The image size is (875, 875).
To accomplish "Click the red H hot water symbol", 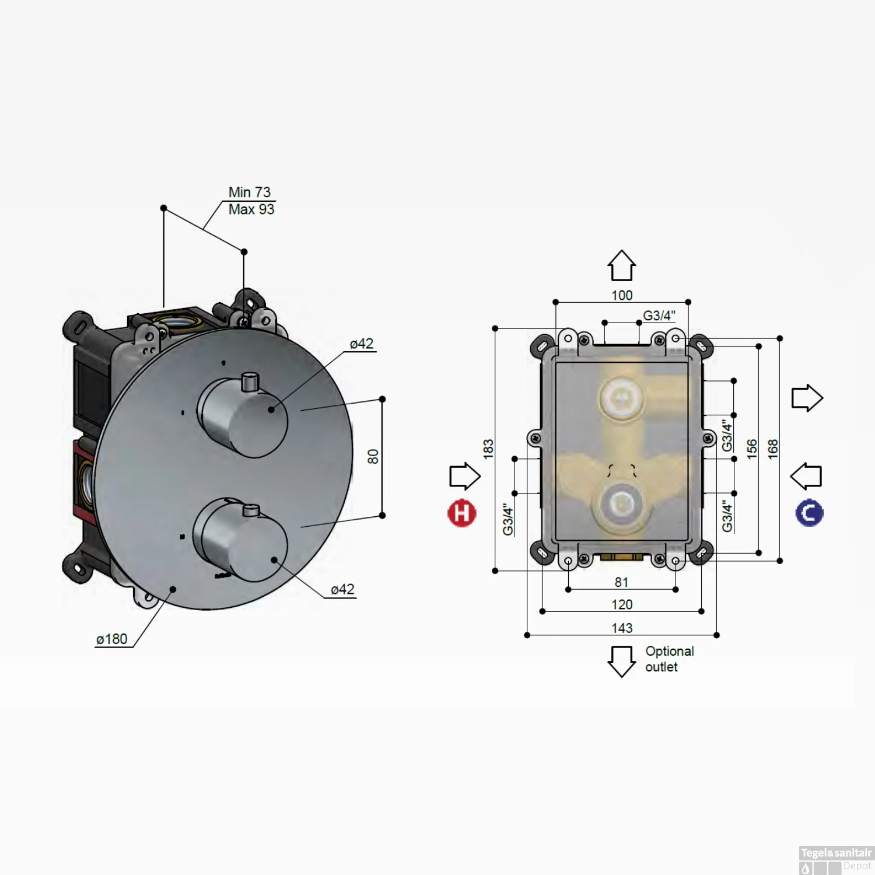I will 461,513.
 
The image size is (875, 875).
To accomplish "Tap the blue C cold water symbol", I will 809,513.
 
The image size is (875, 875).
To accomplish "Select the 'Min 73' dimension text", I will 249,192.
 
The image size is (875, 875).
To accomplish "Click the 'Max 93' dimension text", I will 251,209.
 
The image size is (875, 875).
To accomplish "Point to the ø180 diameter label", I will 111,639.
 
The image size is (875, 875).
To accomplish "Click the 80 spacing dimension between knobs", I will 373,457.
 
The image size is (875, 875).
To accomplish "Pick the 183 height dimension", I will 488,449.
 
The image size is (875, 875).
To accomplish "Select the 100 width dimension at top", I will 622,295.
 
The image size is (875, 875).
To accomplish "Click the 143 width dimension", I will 622,628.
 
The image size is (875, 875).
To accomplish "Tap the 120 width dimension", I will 622,604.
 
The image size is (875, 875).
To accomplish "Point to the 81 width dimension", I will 622,582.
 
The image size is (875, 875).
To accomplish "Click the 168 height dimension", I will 773,449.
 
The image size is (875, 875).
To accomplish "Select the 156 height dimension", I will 752,449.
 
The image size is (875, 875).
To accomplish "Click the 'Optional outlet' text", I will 669,659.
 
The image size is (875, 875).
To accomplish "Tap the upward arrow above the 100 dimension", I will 622,266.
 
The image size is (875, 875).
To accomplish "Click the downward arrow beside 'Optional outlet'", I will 621,661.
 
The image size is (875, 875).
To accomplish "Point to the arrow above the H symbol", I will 465,476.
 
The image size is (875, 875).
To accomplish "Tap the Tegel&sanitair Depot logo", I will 836,860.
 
